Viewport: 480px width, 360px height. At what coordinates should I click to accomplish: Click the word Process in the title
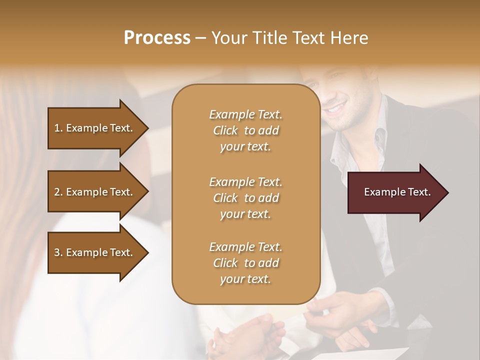coord(157,37)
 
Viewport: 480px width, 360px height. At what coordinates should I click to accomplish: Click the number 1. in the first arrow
coord(58,128)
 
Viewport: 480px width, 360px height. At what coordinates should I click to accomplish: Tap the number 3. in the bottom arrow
coord(58,252)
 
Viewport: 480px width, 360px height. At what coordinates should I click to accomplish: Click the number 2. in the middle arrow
coord(58,192)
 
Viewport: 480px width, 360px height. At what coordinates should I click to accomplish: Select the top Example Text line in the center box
coord(245,114)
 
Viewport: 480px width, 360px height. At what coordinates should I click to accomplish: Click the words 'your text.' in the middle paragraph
coord(245,214)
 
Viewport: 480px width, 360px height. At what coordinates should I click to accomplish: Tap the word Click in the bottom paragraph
coord(225,263)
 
